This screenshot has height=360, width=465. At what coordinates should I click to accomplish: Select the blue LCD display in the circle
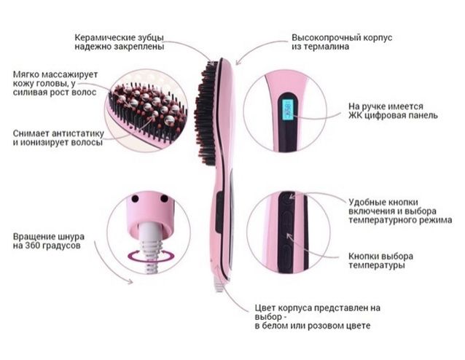pyautogui.click(x=287, y=111)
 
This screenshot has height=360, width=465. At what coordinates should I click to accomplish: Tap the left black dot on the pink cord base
pyautogui.click(x=135, y=198)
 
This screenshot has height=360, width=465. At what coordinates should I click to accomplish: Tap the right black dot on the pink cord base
pyautogui.click(x=164, y=198)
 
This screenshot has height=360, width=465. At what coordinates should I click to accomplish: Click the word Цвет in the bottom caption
pyautogui.click(x=265, y=308)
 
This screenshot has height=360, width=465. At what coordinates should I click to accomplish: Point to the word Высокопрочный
pyautogui.click(x=326, y=38)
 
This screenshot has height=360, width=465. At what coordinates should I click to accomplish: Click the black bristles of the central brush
pyautogui.click(x=206, y=113)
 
